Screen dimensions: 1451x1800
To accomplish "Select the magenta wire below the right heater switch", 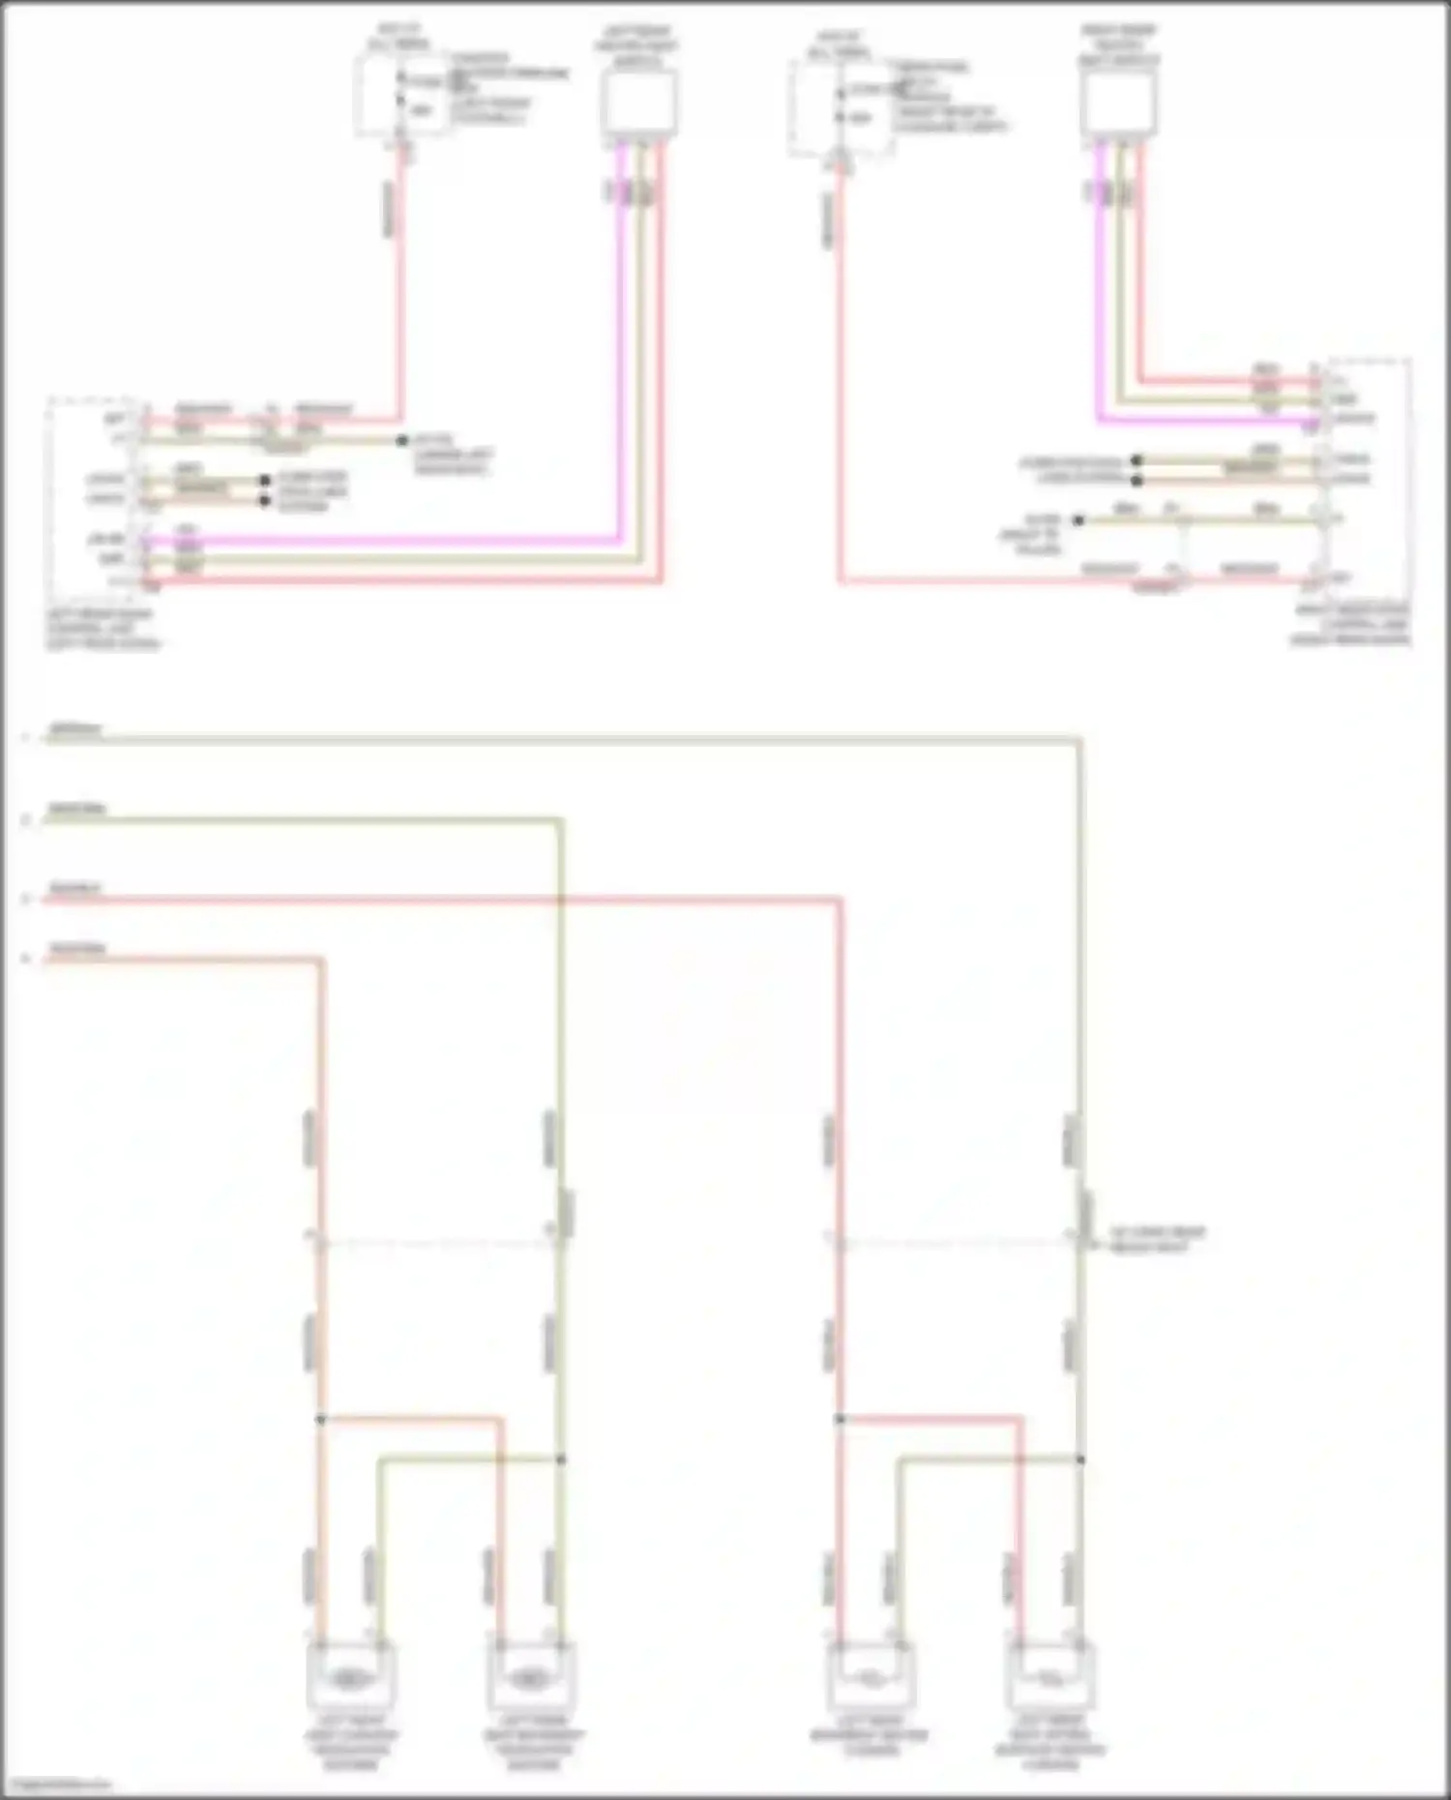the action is click(1100, 290).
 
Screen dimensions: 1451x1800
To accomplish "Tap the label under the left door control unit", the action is click(102, 629).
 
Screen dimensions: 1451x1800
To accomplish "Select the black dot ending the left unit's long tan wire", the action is click(401, 441).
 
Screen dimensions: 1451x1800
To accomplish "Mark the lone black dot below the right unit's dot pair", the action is click(1079, 520).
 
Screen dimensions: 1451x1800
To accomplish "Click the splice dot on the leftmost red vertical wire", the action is click(321, 1419).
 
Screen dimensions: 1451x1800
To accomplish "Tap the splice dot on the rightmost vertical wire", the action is click(1081, 1459).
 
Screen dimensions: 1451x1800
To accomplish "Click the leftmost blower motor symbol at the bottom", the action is click(349, 1679).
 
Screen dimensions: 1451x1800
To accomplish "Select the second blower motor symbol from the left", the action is click(529, 1679).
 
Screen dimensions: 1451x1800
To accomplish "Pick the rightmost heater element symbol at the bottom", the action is click(1050, 1679).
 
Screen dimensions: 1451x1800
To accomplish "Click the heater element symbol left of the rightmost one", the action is click(870, 1679).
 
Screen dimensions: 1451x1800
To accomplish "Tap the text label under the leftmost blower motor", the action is click(350, 1744).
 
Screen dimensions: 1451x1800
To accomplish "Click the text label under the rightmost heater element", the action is click(1050, 1744).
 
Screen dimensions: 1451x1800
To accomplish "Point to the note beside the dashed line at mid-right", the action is click(1157, 1240).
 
